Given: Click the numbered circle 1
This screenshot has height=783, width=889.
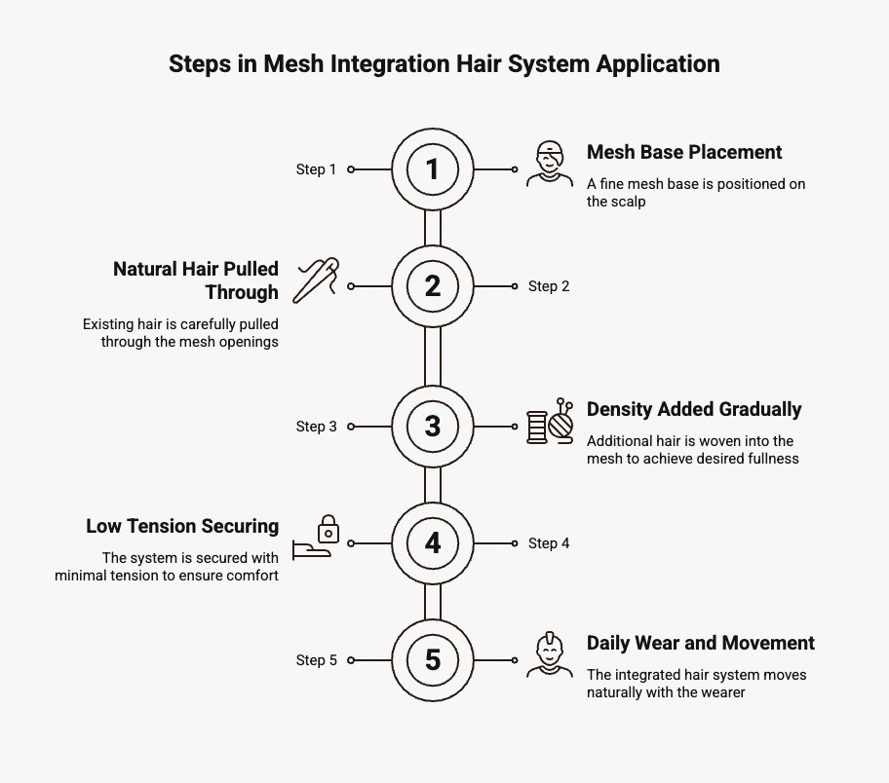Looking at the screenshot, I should point(433,169).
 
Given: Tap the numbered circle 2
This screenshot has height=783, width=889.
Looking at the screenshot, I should point(433,286).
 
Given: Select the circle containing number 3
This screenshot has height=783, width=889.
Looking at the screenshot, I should point(433,427).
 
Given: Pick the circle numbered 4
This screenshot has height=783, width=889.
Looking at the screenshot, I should point(433,543).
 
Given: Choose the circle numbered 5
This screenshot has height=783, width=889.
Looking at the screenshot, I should point(433,660).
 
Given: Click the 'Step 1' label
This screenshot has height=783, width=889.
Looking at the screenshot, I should point(316,169).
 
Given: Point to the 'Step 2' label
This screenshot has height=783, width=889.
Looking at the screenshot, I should point(549,286).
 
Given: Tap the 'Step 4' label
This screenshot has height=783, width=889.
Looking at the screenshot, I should point(549,543).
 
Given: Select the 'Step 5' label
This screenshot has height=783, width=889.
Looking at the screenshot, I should point(316,660).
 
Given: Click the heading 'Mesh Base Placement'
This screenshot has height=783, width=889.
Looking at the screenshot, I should point(684,152).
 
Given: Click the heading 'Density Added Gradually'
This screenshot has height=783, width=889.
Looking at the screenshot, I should point(694,409).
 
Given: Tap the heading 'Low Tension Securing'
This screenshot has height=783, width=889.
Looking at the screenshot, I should point(182,526).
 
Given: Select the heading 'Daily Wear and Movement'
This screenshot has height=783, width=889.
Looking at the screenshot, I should point(700,643).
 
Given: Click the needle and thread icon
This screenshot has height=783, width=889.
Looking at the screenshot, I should point(317,280).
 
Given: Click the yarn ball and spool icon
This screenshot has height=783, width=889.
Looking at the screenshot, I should point(551,423).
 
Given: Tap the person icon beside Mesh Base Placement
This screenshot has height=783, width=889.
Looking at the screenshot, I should point(550,164).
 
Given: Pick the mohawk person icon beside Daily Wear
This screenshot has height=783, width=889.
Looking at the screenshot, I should point(550,654).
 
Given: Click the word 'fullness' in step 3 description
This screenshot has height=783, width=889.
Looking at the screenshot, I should point(770,459).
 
